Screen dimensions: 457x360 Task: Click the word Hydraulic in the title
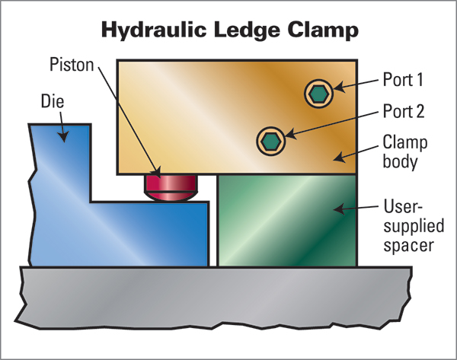point(154,30)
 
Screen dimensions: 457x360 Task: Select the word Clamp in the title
point(323,30)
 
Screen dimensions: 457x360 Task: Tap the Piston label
point(72,65)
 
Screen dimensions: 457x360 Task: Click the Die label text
point(53,101)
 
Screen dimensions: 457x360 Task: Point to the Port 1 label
point(403,79)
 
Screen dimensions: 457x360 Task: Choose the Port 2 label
point(404,111)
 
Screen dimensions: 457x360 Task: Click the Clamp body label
point(405,151)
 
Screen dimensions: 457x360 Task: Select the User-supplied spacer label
point(414,226)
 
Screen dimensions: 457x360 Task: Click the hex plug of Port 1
point(319,94)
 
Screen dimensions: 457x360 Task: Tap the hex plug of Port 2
point(270,141)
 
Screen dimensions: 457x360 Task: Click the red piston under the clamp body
point(171,188)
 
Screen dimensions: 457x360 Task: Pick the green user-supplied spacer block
point(287,221)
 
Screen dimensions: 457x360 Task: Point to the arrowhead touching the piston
point(156,173)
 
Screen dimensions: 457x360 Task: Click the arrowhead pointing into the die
point(63,136)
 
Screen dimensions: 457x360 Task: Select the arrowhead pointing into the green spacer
point(339,209)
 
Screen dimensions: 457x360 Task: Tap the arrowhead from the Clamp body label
point(340,158)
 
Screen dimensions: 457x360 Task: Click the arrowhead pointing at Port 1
point(339,87)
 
